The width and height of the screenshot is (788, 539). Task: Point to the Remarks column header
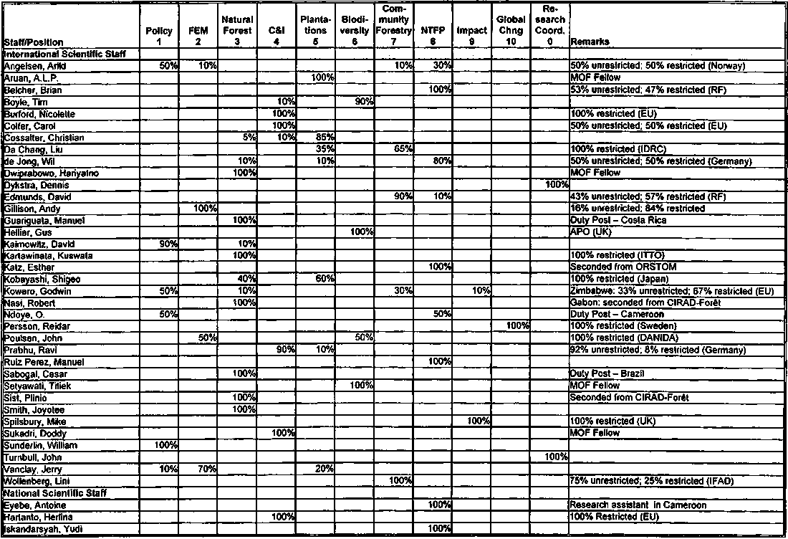click(585, 42)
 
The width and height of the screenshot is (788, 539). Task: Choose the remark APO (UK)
click(590, 232)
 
